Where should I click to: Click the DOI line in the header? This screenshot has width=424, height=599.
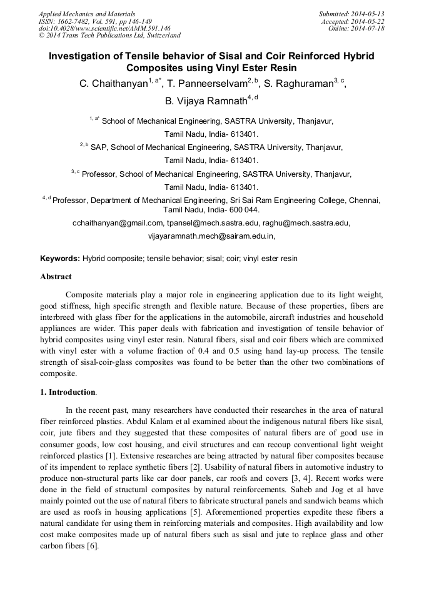click(x=104, y=29)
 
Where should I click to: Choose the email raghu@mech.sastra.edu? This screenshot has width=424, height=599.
click(x=309, y=222)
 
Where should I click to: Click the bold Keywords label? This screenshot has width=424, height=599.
click(x=60, y=258)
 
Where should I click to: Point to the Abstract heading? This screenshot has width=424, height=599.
click(x=56, y=276)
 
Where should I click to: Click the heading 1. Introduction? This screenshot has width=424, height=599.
click(x=68, y=392)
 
